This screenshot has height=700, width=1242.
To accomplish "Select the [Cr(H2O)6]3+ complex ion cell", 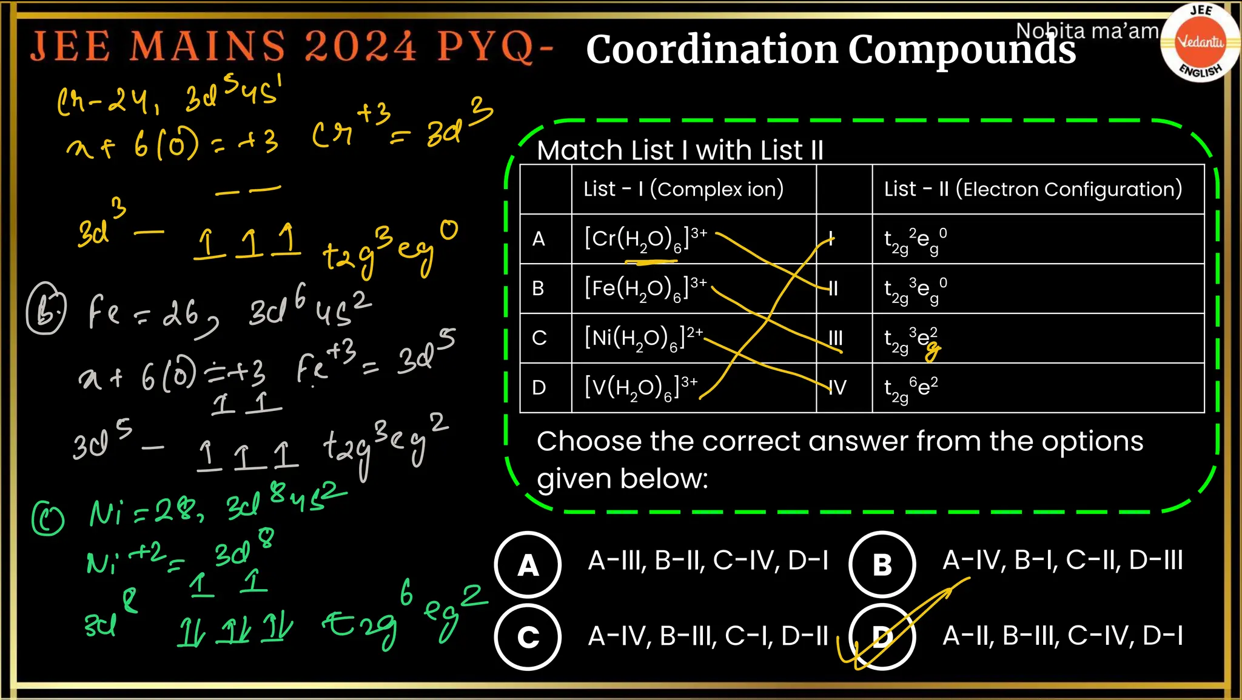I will coord(645,238).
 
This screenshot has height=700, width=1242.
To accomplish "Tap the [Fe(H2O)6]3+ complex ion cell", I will coord(645,288).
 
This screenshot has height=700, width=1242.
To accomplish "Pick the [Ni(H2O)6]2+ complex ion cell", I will coord(643,338).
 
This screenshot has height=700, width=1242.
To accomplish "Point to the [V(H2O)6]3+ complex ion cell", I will coord(640,387).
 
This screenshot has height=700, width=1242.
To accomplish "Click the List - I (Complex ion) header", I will coord(683,189).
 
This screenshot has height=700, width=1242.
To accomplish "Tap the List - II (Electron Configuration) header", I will coord(1033,189).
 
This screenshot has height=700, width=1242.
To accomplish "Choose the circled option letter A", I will coord(528,565).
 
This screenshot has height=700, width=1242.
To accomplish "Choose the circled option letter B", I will coord(882,565).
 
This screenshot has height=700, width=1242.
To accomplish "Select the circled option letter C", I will coord(528,637).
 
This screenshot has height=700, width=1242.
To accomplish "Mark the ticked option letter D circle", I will coord(882,637).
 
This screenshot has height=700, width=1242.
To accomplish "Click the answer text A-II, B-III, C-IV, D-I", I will coord(1062,636).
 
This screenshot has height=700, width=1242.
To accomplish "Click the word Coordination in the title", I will coord(712,50).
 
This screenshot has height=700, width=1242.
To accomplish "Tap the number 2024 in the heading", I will coord(360,46).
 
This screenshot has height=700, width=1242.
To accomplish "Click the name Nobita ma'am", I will coord(1087,30).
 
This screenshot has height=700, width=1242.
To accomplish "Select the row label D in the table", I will coord(539,387).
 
